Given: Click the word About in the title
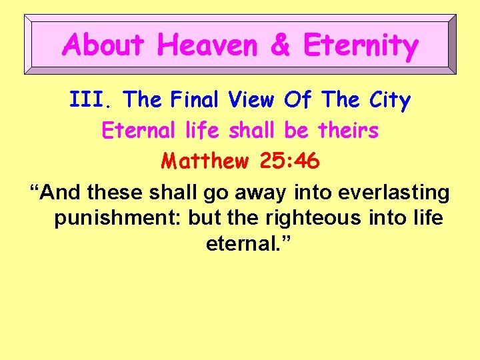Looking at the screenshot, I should point(103,45).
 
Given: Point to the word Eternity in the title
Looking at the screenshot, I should point(361,46).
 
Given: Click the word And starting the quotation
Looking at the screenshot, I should point(63,193).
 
